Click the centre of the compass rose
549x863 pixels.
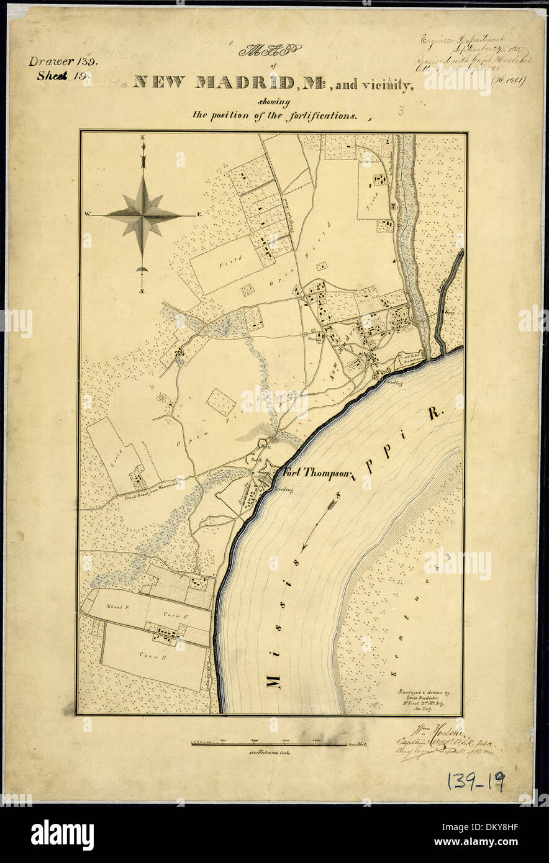143,215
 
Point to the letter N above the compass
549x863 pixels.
142,136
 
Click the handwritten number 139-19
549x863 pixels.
475,782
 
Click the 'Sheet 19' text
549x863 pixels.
64,76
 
